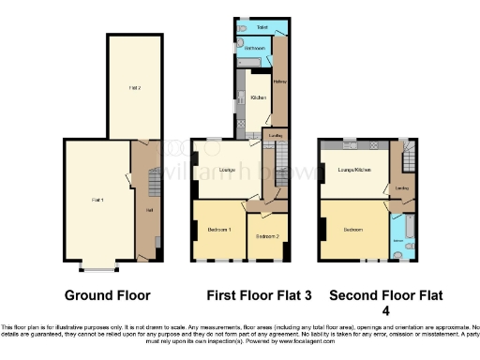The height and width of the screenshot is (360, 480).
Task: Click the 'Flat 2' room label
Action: point(135,86)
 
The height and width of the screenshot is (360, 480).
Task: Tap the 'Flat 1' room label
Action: point(97,200)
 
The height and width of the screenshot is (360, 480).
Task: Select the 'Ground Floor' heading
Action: point(107,295)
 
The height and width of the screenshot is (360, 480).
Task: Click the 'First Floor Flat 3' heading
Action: point(252,295)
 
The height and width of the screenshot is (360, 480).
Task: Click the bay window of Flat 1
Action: point(97,268)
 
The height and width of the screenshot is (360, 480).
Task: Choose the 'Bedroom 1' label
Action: point(218,230)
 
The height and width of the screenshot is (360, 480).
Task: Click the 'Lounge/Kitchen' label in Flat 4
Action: point(349,170)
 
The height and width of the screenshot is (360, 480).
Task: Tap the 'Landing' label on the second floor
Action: point(401,188)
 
